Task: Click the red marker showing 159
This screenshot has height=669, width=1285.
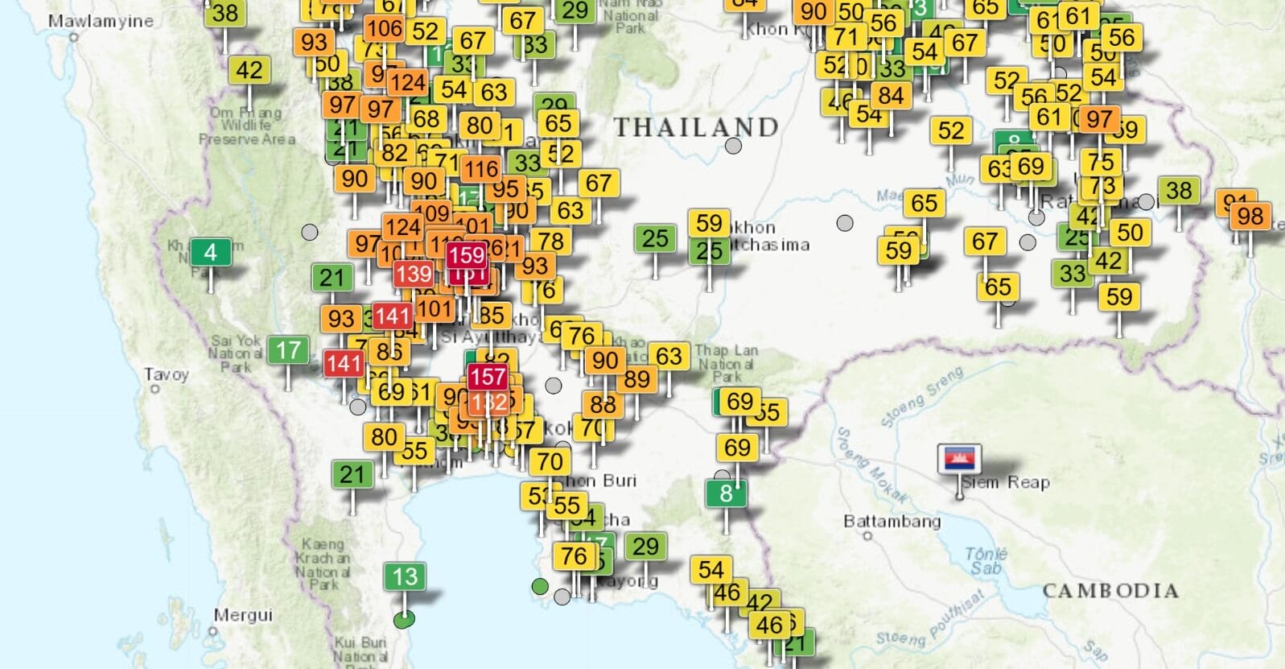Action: point(467,255)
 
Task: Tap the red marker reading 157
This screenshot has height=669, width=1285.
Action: point(488,376)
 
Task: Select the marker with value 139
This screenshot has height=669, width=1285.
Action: point(414,274)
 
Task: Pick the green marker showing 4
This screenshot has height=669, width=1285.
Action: point(211,253)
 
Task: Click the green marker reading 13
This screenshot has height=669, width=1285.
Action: point(405,576)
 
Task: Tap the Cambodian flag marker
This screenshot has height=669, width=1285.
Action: point(959,459)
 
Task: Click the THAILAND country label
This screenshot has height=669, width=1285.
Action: point(696,127)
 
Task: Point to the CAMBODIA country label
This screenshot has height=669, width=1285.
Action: point(1110,591)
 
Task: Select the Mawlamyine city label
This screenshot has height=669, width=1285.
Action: point(100,21)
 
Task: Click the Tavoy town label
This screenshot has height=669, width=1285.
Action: point(166,374)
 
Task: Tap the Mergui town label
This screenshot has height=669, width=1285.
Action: point(242,615)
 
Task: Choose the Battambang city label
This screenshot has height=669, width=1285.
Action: point(892,521)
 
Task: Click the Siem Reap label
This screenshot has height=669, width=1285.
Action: point(1006,482)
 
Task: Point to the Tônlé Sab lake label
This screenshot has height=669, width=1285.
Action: point(986,560)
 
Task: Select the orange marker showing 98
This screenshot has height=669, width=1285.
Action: point(1250,216)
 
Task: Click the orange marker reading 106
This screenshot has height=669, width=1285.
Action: point(384,29)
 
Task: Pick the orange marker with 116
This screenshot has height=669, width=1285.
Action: point(480,169)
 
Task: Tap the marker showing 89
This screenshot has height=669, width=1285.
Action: point(636,378)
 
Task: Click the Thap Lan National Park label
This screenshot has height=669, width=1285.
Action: point(726,362)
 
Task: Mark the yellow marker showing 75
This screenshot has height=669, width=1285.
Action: point(1101,162)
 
